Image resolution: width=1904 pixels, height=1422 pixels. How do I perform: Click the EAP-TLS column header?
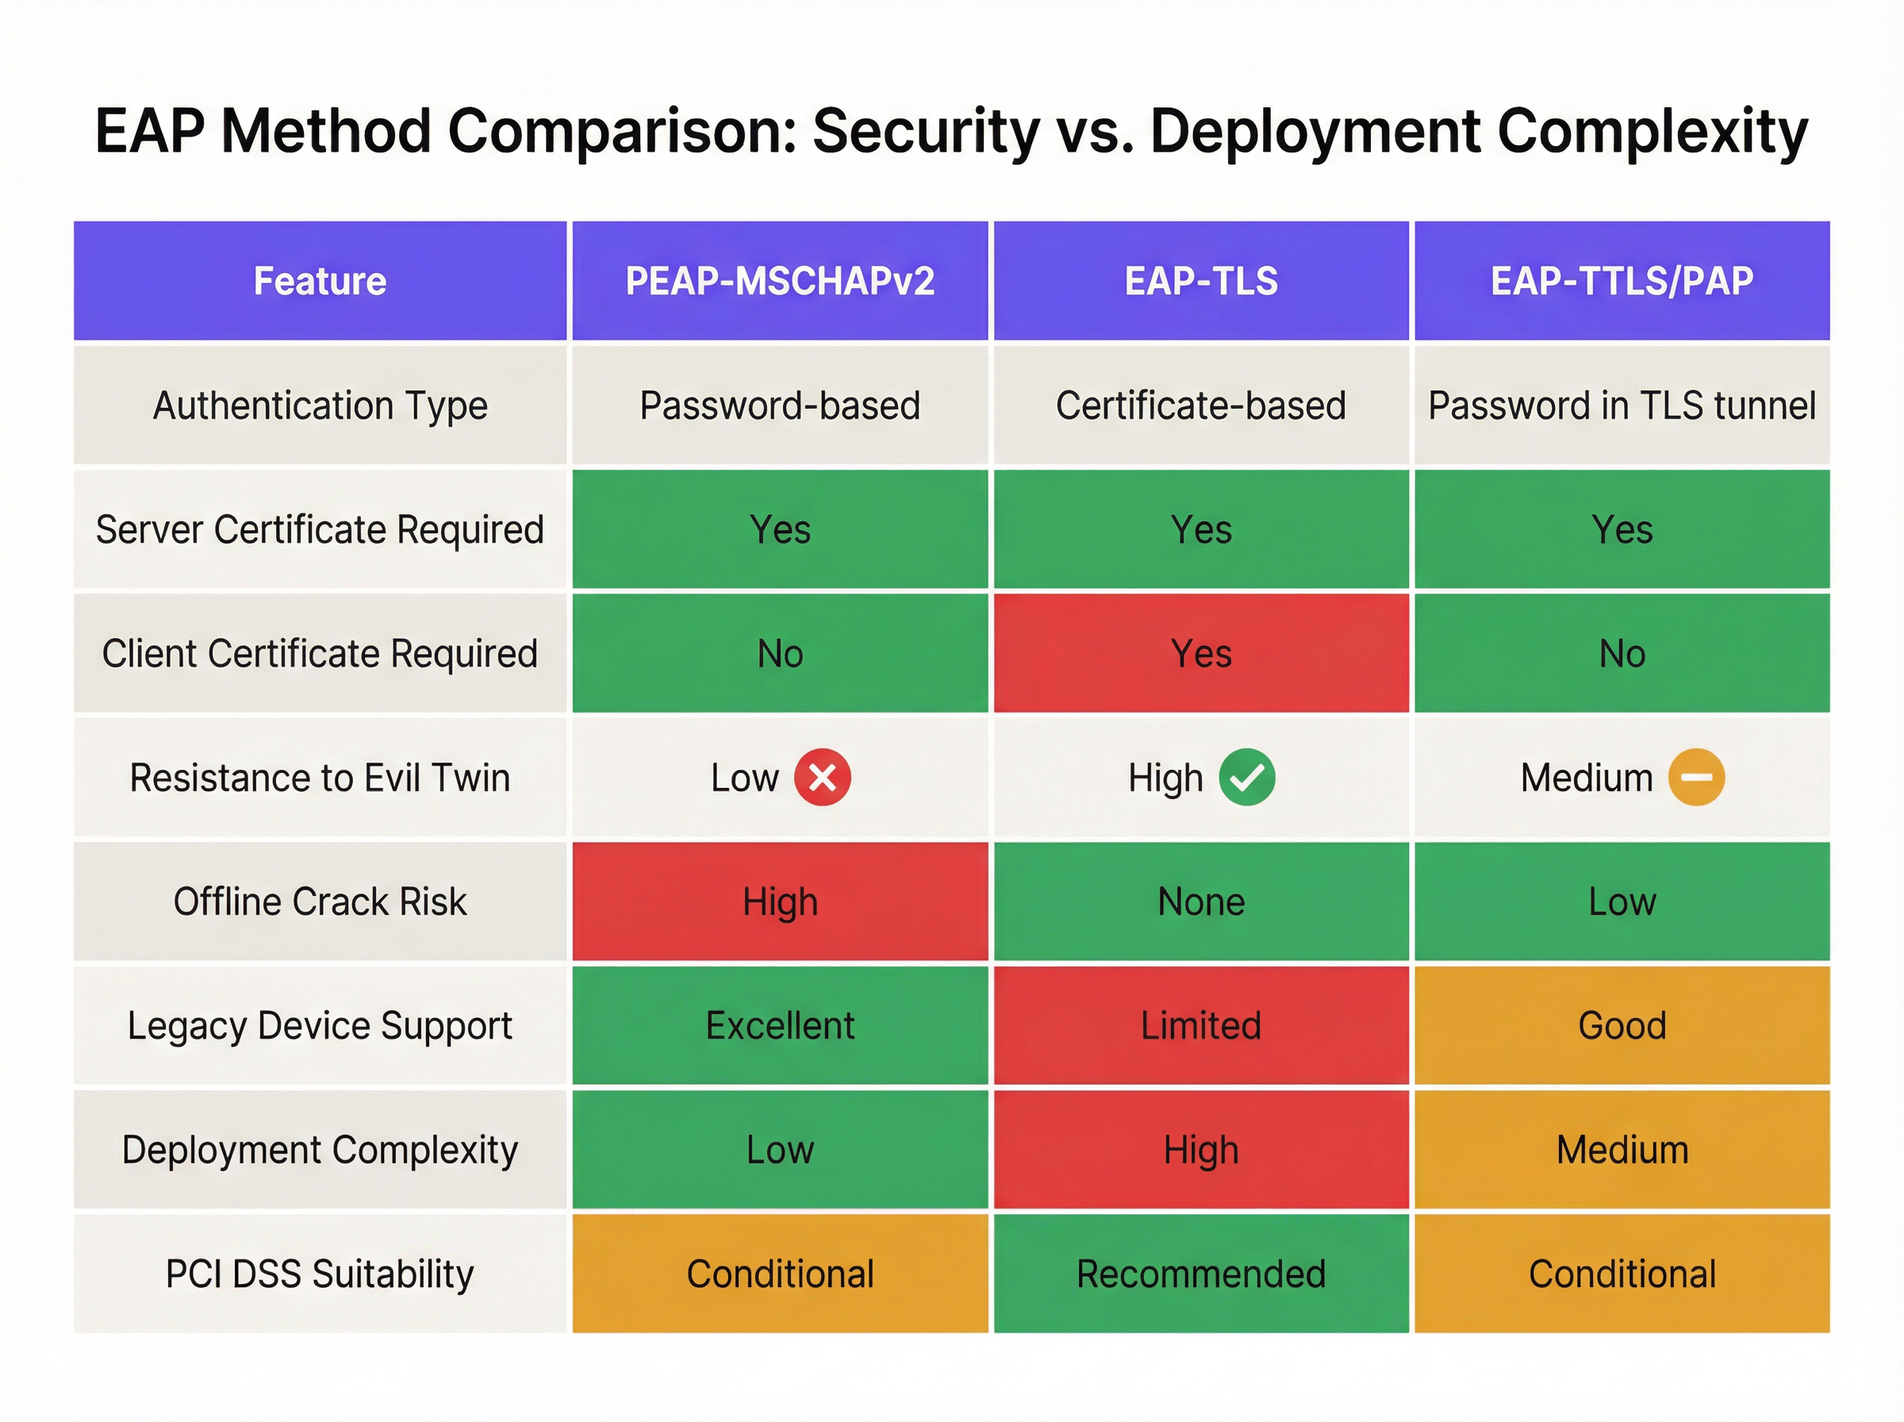(x=1200, y=281)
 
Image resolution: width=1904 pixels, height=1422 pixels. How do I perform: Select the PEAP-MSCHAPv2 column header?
(x=780, y=281)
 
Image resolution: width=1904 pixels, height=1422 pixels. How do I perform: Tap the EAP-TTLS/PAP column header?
(x=1621, y=281)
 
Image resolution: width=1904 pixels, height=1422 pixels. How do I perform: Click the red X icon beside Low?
(x=822, y=778)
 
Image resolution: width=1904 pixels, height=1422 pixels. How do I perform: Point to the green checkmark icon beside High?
(x=1246, y=778)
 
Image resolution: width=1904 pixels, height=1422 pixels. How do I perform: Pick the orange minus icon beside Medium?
(x=1696, y=778)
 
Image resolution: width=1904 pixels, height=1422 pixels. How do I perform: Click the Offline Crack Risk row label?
(x=319, y=901)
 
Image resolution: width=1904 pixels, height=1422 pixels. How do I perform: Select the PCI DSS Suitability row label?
(x=319, y=1273)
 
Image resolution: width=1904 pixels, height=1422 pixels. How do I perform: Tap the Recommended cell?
(x=1200, y=1273)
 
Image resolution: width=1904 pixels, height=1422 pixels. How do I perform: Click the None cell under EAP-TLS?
(x=1200, y=901)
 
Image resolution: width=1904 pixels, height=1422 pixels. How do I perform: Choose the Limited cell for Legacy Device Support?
(x=1200, y=1025)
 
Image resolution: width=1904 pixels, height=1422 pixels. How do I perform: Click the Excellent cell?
(x=780, y=1025)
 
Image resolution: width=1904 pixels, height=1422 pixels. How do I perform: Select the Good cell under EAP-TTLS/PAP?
(x=1621, y=1025)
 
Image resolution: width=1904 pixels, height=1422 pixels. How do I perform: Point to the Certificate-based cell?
(x=1200, y=405)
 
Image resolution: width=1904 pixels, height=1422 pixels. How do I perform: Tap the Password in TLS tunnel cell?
(x=1621, y=405)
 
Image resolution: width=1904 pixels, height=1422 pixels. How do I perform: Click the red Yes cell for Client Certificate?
(x=1200, y=653)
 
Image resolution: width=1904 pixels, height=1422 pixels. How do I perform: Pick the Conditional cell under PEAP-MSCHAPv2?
(x=780, y=1273)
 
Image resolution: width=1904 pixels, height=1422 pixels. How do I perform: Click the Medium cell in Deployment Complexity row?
(x=1621, y=1149)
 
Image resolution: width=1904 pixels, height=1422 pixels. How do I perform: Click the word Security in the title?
(x=926, y=132)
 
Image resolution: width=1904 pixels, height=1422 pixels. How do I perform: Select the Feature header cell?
(x=319, y=281)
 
